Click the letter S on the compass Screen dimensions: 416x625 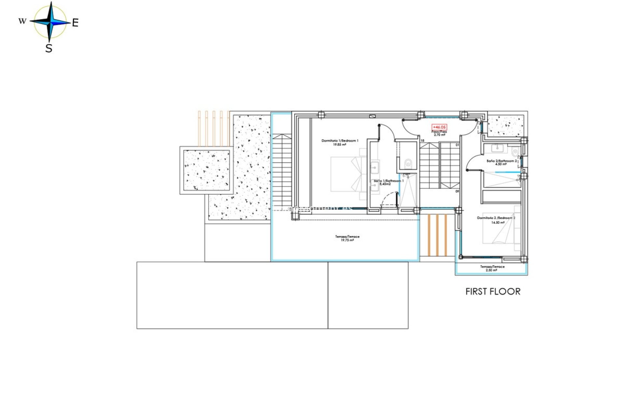49,48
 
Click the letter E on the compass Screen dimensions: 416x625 75,23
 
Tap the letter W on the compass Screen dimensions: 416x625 22,21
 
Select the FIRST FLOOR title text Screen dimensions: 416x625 493,292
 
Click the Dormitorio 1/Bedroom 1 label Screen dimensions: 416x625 340,141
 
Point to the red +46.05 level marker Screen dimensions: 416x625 439,127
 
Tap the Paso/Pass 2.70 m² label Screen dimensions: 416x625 439,133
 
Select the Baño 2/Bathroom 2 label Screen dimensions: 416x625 501,161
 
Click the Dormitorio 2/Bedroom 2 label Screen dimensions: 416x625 496,218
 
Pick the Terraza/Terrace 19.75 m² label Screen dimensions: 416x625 347,238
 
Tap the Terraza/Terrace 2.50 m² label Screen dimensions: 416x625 492,268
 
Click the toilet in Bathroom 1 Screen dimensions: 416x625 408,164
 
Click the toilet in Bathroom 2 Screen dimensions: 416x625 515,152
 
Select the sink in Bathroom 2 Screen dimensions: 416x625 497,148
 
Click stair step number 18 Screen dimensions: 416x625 422,141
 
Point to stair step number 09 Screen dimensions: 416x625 457,191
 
